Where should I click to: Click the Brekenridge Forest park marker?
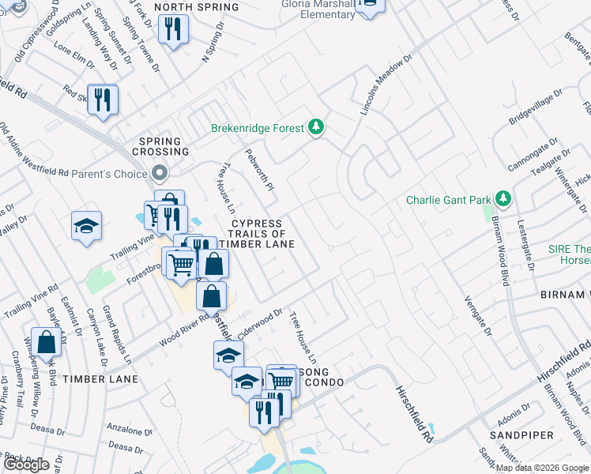tap(316, 127)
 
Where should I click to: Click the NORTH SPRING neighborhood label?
tap(197, 7)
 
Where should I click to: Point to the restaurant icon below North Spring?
tap(172, 30)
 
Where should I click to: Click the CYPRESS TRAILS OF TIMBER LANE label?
tap(257, 234)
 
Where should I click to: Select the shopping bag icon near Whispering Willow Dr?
tap(47, 342)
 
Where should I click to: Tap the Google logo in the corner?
tap(26, 465)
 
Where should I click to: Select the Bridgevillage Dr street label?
tap(535, 107)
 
